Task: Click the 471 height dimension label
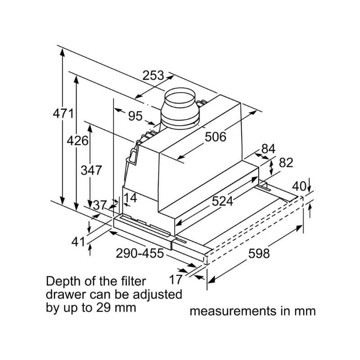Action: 63,114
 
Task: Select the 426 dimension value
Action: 77,140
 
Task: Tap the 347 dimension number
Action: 91,171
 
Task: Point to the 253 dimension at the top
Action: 153,76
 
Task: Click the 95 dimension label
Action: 135,117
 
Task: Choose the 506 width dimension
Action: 216,137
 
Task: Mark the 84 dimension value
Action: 268,148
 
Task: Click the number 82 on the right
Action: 286,162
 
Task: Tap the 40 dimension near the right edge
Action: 299,186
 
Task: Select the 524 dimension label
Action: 223,201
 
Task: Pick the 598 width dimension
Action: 259,254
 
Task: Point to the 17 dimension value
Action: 175,279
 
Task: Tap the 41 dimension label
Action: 78,242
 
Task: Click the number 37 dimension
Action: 100,206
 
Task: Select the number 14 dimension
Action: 130,198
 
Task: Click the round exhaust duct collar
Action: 180,108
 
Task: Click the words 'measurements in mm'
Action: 252,311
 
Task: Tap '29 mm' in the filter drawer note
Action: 121,308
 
